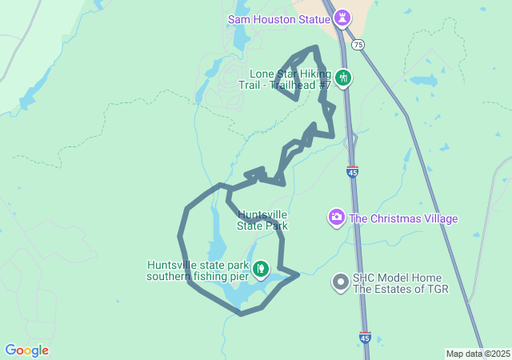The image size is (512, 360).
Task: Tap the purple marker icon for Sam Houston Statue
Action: click(x=342, y=17)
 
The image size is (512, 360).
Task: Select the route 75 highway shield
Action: click(x=358, y=45)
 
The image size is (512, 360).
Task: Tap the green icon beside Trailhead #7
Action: click(x=343, y=78)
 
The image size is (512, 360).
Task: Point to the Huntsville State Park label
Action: click(x=262, y=220)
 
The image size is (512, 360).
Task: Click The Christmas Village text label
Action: click(x=403, y=218)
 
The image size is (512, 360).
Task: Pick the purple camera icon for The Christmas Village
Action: click(x=337, y=217)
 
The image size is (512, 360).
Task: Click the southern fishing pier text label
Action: click(x=198, y=271)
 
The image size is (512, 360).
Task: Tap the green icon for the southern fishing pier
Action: click(x=260, y=269)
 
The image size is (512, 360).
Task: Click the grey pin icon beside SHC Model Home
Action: click(x=341, y=282)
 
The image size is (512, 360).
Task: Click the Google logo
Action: click(x=26, y=350)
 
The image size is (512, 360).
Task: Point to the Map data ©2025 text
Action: click(x=478, y=354)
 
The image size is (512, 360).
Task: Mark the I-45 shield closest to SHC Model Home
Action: click(x=365, y=338)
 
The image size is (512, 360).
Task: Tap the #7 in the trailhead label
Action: click(x=324, y=85)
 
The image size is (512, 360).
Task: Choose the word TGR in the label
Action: click(x=436, y=289)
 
